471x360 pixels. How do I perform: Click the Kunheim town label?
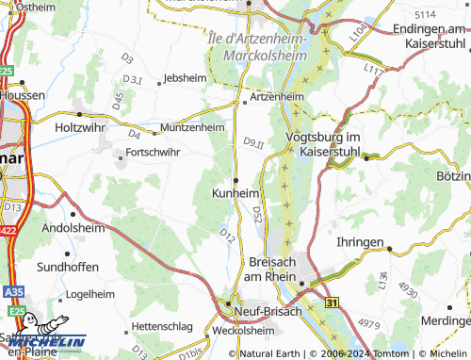pos(231,192)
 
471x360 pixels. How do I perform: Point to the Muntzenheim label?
pos(192,126)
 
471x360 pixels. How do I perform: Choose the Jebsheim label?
pos(184,78)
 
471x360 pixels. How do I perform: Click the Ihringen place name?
pos(360,242)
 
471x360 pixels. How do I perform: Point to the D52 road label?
pos(257,218)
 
